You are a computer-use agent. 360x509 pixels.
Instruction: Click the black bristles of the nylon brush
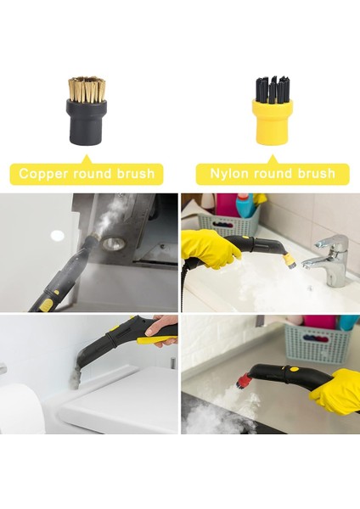click(271, 88)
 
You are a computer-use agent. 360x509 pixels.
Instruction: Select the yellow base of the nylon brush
click(271, 119)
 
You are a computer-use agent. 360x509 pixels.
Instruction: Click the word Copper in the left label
click(46, 173)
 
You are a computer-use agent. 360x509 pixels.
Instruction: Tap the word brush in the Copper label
click(134, 173)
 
